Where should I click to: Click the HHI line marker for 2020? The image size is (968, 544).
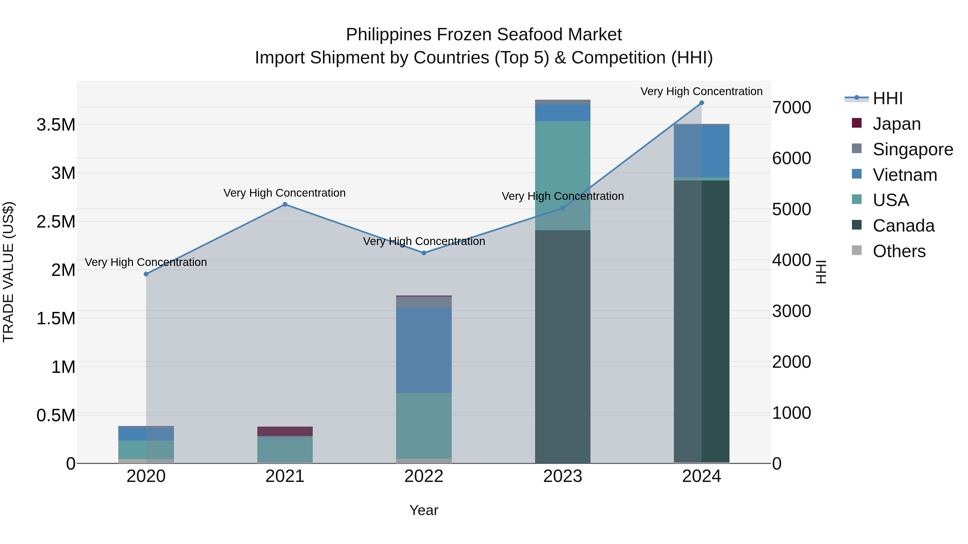[x=146, y=274]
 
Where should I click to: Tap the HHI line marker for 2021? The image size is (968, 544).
[x=285, y=205]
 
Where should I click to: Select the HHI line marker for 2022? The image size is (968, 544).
[x=424, y=253]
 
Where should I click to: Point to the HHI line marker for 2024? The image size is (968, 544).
[x=702, y=103]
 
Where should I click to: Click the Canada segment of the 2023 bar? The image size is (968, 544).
[x=563, y=345]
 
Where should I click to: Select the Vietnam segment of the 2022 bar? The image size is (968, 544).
[x=424, y=350]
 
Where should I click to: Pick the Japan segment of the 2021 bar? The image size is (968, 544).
[x=285, y=431]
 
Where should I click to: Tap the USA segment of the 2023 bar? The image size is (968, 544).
[x=563, y=175]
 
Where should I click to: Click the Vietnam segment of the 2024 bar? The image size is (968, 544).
[x=702, y=151]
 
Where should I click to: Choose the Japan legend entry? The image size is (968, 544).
[x=896, y=124]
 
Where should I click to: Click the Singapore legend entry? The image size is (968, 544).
[x=912, y=149]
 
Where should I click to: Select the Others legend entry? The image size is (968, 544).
[x=899, y=251]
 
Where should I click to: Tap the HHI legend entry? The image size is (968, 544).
[x=887, y=98]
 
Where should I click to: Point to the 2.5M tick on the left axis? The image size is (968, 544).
[x=56, y=222]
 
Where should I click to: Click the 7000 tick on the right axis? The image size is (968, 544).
[x=791, y=108]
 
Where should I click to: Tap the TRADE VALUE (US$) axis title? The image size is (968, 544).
[x=9, y=272]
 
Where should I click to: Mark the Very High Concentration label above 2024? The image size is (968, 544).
[x=702, y=92]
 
